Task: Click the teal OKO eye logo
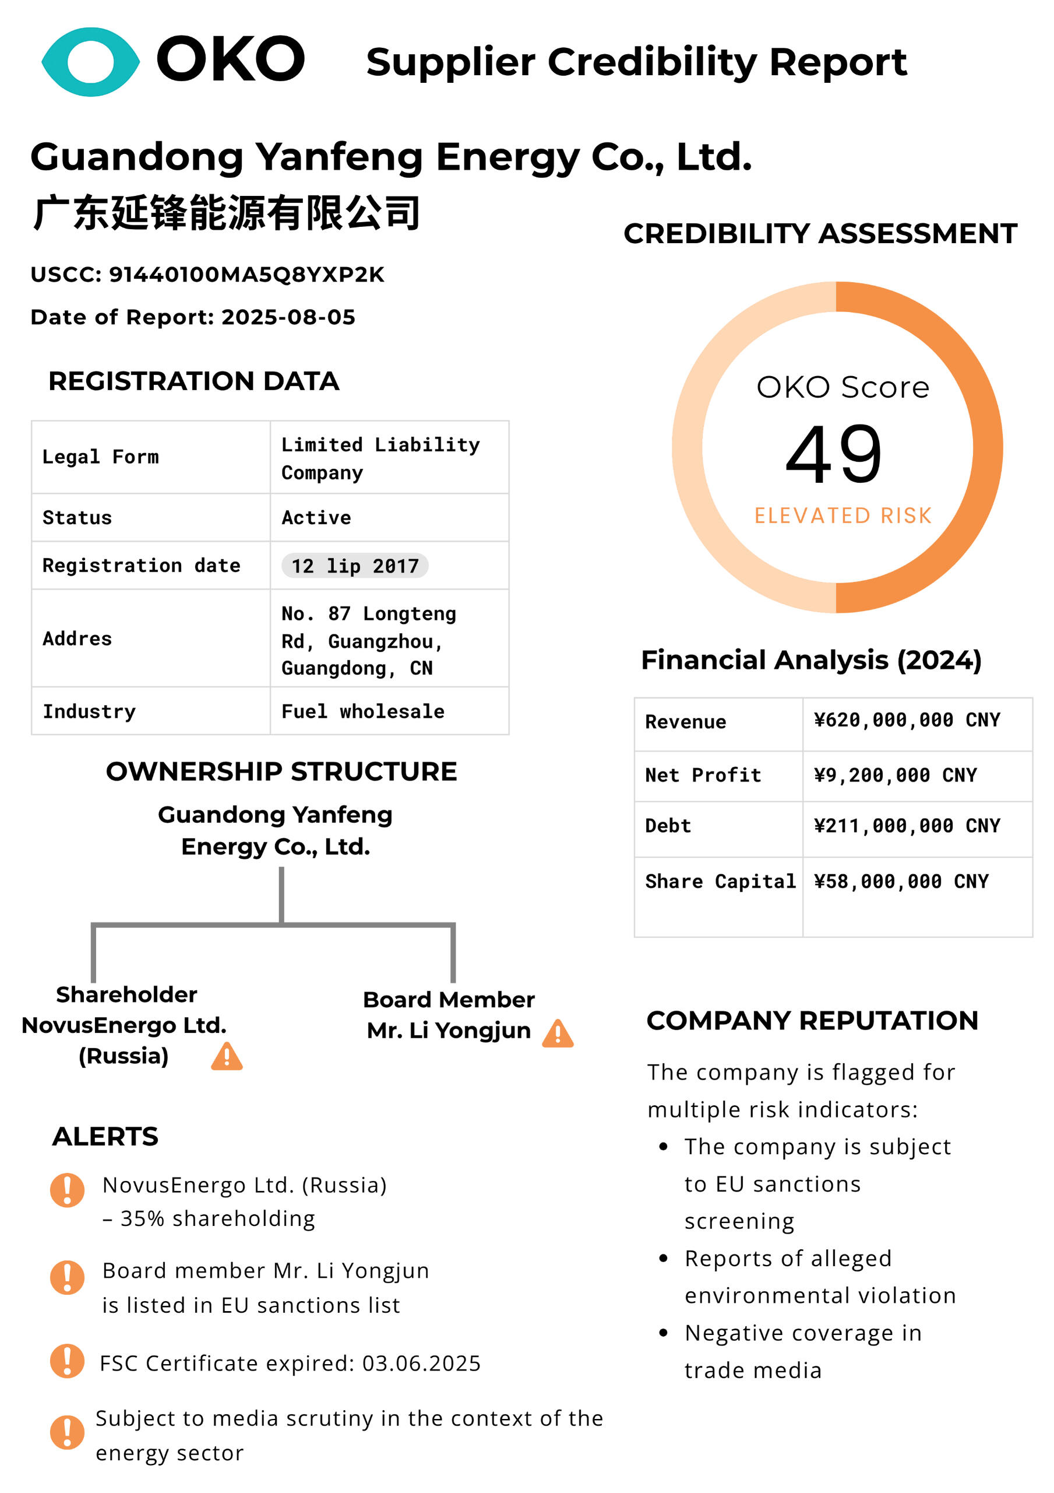point(90,62)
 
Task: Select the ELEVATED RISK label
point(843,515)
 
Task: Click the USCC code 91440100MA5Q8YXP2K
point(246,275)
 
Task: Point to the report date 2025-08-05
point(288,317)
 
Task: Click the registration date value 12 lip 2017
point(354,566)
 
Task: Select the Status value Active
point(316,518)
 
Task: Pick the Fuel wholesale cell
point(362,712)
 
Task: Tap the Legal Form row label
point(100,457)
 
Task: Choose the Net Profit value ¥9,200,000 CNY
point(895,774)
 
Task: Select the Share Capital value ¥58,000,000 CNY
point(901,881)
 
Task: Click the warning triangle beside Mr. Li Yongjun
point(558,1033)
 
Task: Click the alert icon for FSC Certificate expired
point(67,1361)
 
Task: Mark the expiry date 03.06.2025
point(421,1363)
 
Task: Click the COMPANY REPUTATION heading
point(812,1021)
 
